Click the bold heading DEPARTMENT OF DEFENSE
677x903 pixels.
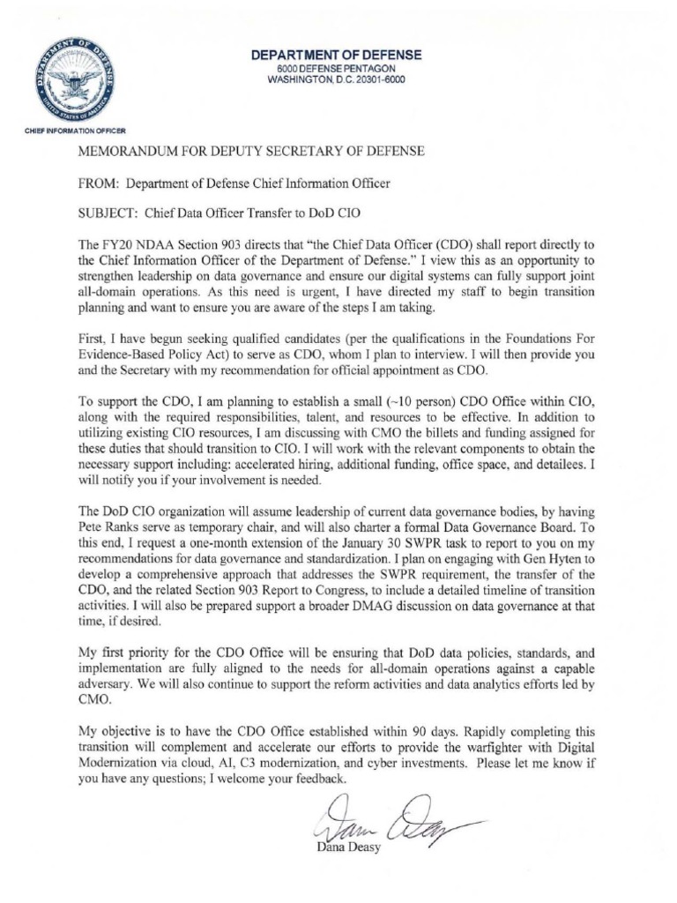pyautogui.click(x=337, y=55)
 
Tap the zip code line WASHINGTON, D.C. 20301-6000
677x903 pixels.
pyautogui.click(x=337, y=80)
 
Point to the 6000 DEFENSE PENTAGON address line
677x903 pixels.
pyautogui.click(x=337, y=68)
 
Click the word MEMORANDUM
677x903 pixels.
pyautogui.click(x=129, y=152)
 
